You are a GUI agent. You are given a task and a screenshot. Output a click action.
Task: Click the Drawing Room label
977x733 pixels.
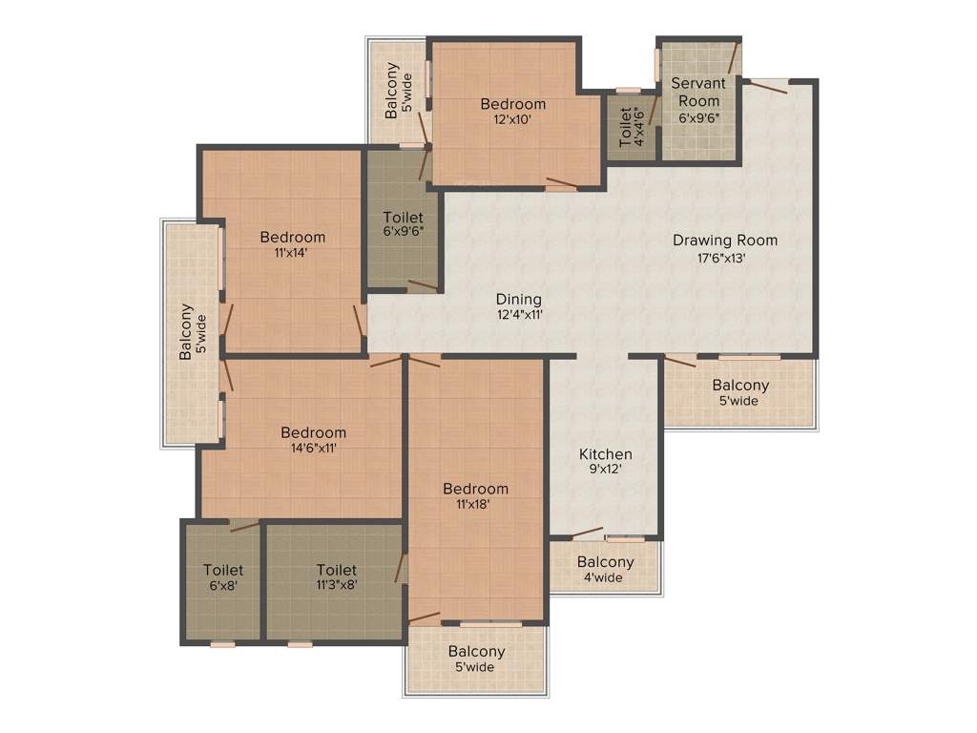[725, 241]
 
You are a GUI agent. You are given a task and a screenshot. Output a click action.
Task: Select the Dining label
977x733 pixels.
[519, 299]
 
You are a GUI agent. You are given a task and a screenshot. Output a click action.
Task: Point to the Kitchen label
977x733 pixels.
[606, 454]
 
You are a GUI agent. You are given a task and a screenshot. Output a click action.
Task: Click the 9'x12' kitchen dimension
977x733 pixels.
[606, 470]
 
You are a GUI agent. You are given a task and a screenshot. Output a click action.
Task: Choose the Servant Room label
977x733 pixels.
[698, 92]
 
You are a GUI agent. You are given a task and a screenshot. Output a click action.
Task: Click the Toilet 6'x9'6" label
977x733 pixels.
[403, 225]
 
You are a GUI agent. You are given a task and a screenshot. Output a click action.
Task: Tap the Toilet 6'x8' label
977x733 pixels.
[223, 577]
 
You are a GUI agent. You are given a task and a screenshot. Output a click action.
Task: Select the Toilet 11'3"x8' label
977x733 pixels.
[337, 577]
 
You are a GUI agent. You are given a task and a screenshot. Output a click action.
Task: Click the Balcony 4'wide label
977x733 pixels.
[605, 570]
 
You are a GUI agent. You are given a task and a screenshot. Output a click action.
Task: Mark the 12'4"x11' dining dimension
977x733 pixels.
[519, 315]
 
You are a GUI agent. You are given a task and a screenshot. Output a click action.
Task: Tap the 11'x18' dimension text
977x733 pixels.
[475, 505]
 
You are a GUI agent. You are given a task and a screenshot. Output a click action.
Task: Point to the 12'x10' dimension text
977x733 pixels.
[513, 120]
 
